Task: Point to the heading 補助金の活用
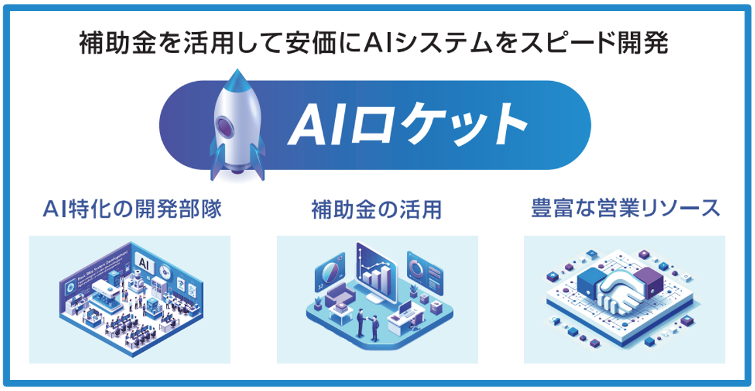(377, 210)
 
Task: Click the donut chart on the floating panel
(416, 267)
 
